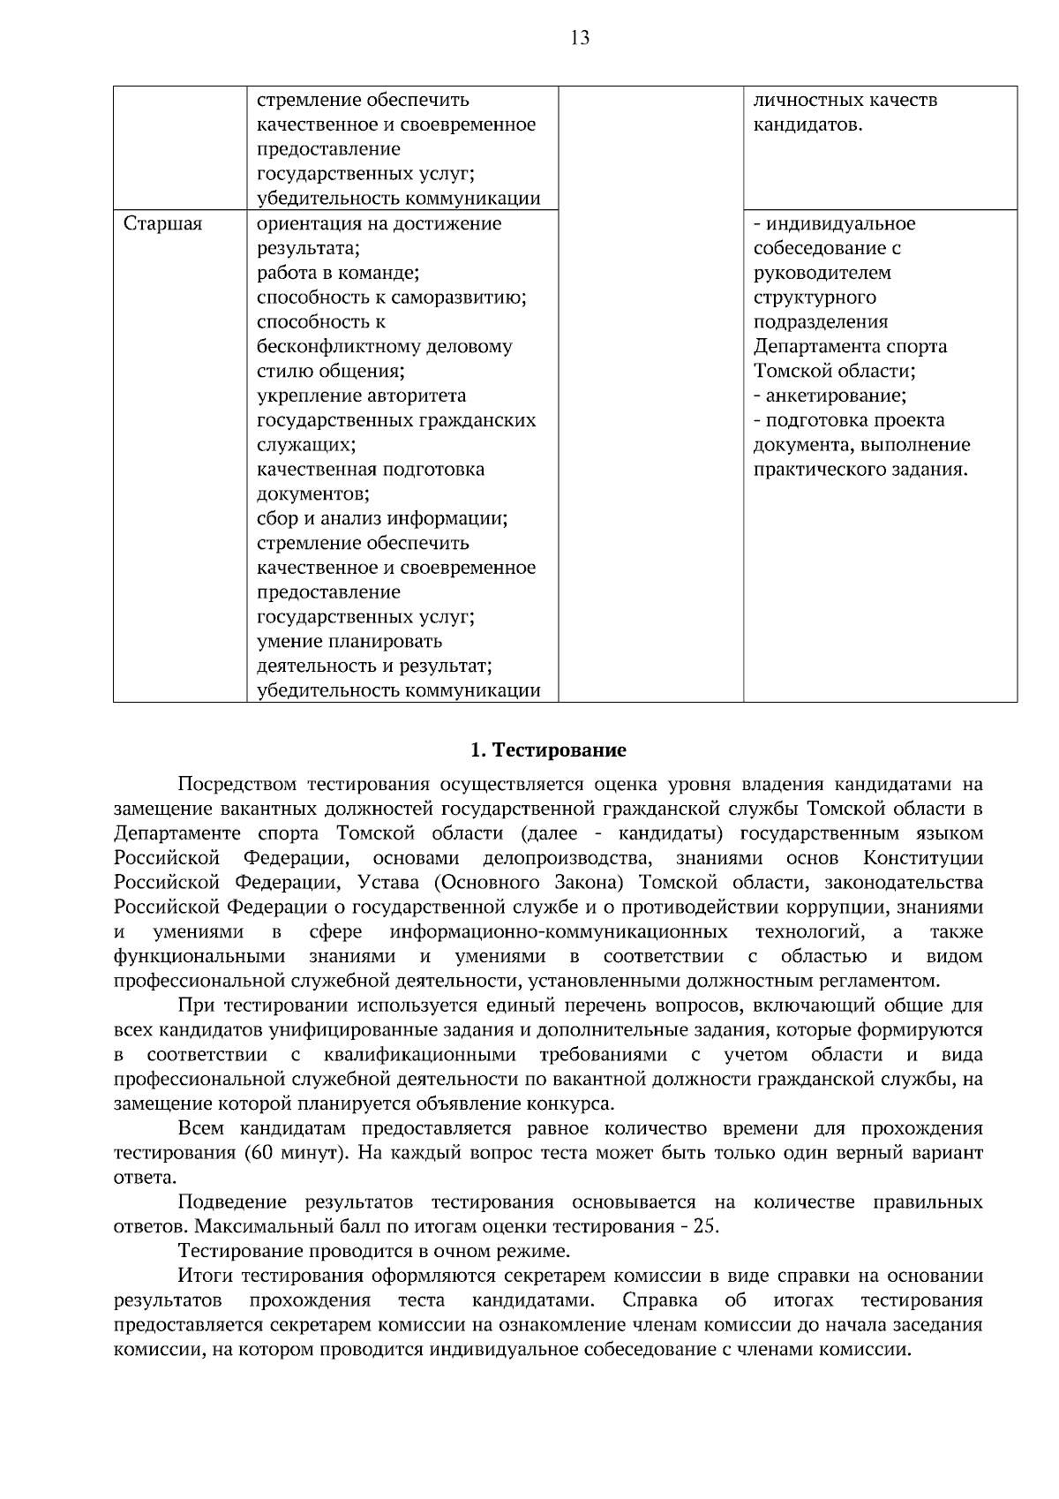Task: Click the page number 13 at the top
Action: (x=580, y=38)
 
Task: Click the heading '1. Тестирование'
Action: (x=547, y=750)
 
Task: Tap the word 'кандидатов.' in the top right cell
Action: (x=807, y=124)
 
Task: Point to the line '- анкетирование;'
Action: (x=830, y=395)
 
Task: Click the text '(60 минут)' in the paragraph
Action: (x=292, y=1153)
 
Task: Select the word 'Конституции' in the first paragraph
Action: (x=922, y=858)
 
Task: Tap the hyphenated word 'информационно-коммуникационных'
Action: (x=559, y=932)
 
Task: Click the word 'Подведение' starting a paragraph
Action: (x=232, y=1202)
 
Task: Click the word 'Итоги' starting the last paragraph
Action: (x=205, y=1276)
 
